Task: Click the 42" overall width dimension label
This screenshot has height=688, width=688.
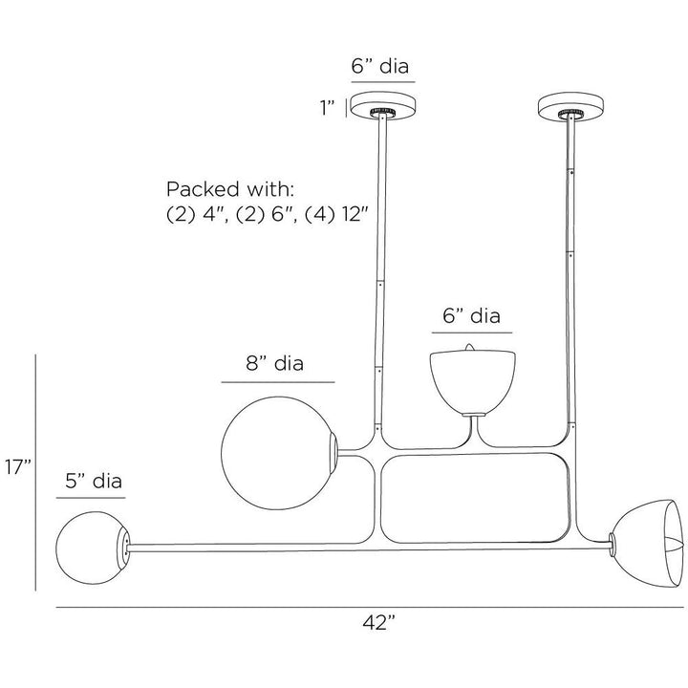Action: pyautogui.click(x=378, y=623)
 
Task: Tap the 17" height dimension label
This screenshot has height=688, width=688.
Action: pyautogui.click(x=18, y=467)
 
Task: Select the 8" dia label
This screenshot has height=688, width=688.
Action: pyautogui.click(x=274, y=364)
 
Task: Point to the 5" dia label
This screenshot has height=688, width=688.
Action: pyautogui.click(x=94, y=481)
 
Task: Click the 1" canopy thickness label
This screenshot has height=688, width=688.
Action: pyautogui.click(x=328, y=107)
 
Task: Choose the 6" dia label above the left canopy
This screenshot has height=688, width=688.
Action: pyautogui.click(x=380, y=66)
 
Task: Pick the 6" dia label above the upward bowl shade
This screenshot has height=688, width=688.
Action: pyautogui.click(x=471, y=316)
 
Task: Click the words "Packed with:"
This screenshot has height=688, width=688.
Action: pyautogui.click(x=229, y=189)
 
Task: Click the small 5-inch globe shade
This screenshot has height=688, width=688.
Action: pyautogui.click(x=93, y=548)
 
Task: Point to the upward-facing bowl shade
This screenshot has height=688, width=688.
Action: pyautogui.click(x=473, y=382)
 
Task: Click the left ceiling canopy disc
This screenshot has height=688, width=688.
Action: pyautogui.click(x=383, y=106)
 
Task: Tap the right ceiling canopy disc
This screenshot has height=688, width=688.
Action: pyautogui.click(x=570, y=106)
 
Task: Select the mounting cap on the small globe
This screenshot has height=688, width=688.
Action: pyautogui.click(x=123, y=548)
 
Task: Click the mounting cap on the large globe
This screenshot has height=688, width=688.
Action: pyautogui.click(x=333, y=453)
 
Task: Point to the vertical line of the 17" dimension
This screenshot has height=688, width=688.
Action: pyautogui.click(x=35, y=473)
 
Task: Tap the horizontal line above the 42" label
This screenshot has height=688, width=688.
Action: pyautogui.click(x=370, y=608)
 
